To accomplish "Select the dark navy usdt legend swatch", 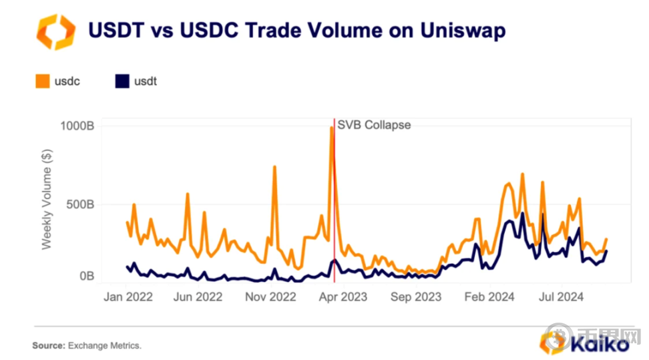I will (x=122, y=81).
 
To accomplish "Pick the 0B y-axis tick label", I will (x=87, y=276).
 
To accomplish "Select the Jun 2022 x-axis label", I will (x=198, y=297).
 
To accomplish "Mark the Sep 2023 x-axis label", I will (x=416, y=297).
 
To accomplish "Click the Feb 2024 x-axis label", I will (x=489, y=297).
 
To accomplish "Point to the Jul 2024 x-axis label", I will (x=559, y=297).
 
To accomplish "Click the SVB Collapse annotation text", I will (x=374, y=125).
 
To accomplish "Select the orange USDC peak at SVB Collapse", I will (x=331, y=128).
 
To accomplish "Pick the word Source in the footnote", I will (x=47, y=345).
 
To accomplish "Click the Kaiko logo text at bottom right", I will (x=601, y=344).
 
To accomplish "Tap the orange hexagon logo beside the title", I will (x=55, y=31).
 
